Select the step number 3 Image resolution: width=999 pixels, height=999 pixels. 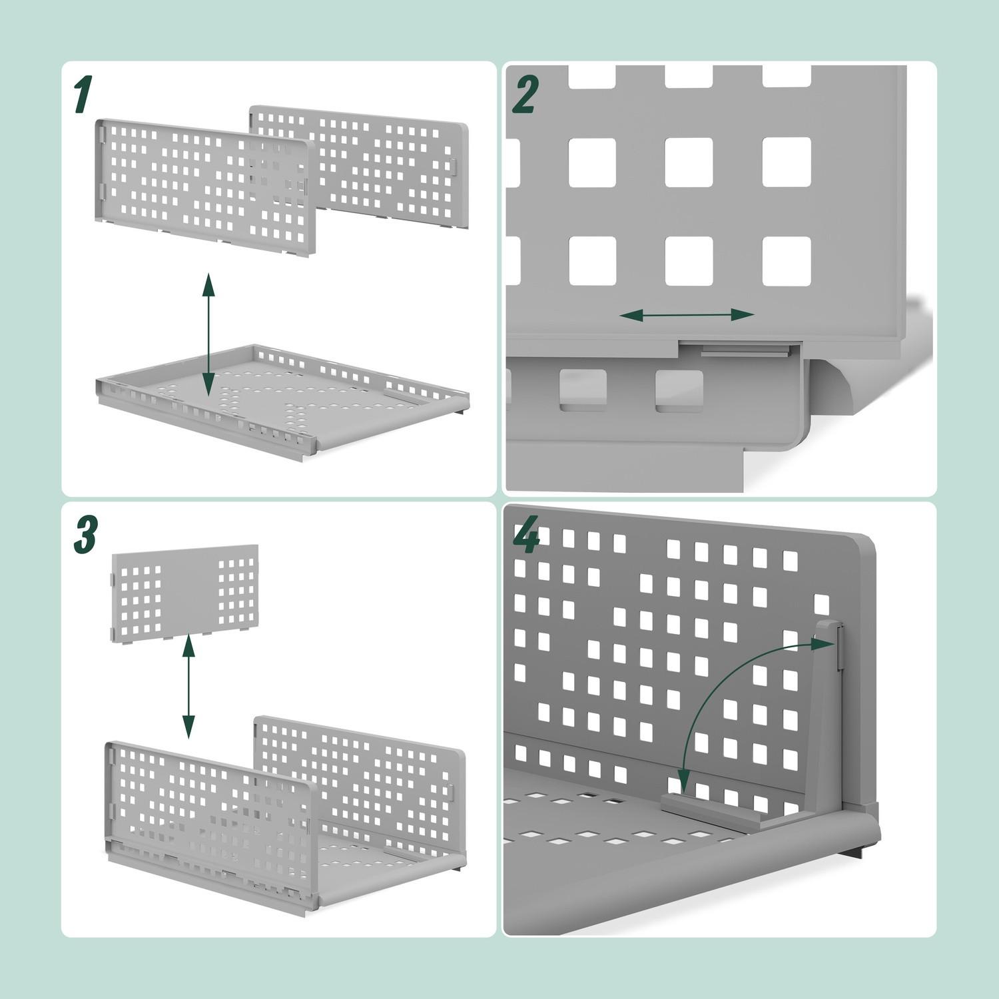[85, 536]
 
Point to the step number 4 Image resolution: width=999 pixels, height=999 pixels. [526, 537]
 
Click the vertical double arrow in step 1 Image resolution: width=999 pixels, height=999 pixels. [208, 334]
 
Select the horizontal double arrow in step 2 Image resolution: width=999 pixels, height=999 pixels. [687, 315]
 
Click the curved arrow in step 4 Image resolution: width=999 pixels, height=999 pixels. [713, 706]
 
